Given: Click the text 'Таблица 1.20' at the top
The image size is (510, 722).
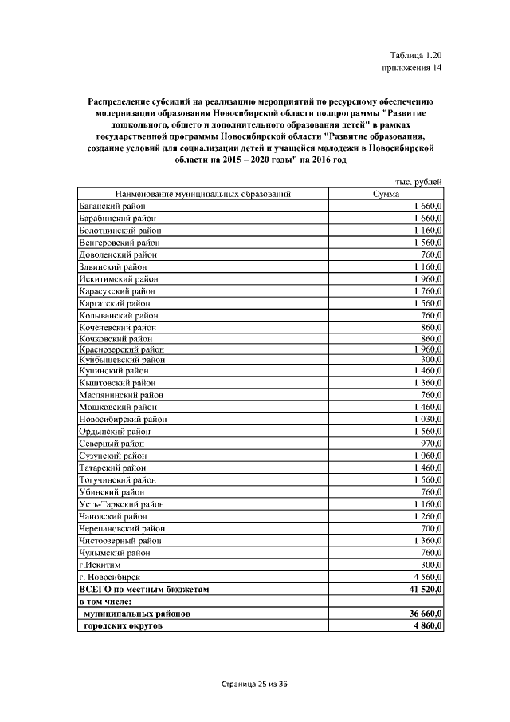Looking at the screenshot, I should pos(415,55).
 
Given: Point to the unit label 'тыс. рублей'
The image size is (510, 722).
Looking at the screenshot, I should pos(418,182).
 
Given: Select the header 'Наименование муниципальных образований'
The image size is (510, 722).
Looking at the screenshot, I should pos(202,194).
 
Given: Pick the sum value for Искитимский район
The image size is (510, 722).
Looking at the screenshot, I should pos(426,279).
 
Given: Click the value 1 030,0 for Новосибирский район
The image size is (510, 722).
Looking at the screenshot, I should pos(426,418).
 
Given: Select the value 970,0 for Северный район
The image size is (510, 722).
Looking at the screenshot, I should pos(431,443).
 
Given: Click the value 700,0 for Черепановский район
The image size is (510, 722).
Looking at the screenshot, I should pos(431,528).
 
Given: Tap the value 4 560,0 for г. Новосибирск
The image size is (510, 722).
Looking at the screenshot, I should pos(426,576).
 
